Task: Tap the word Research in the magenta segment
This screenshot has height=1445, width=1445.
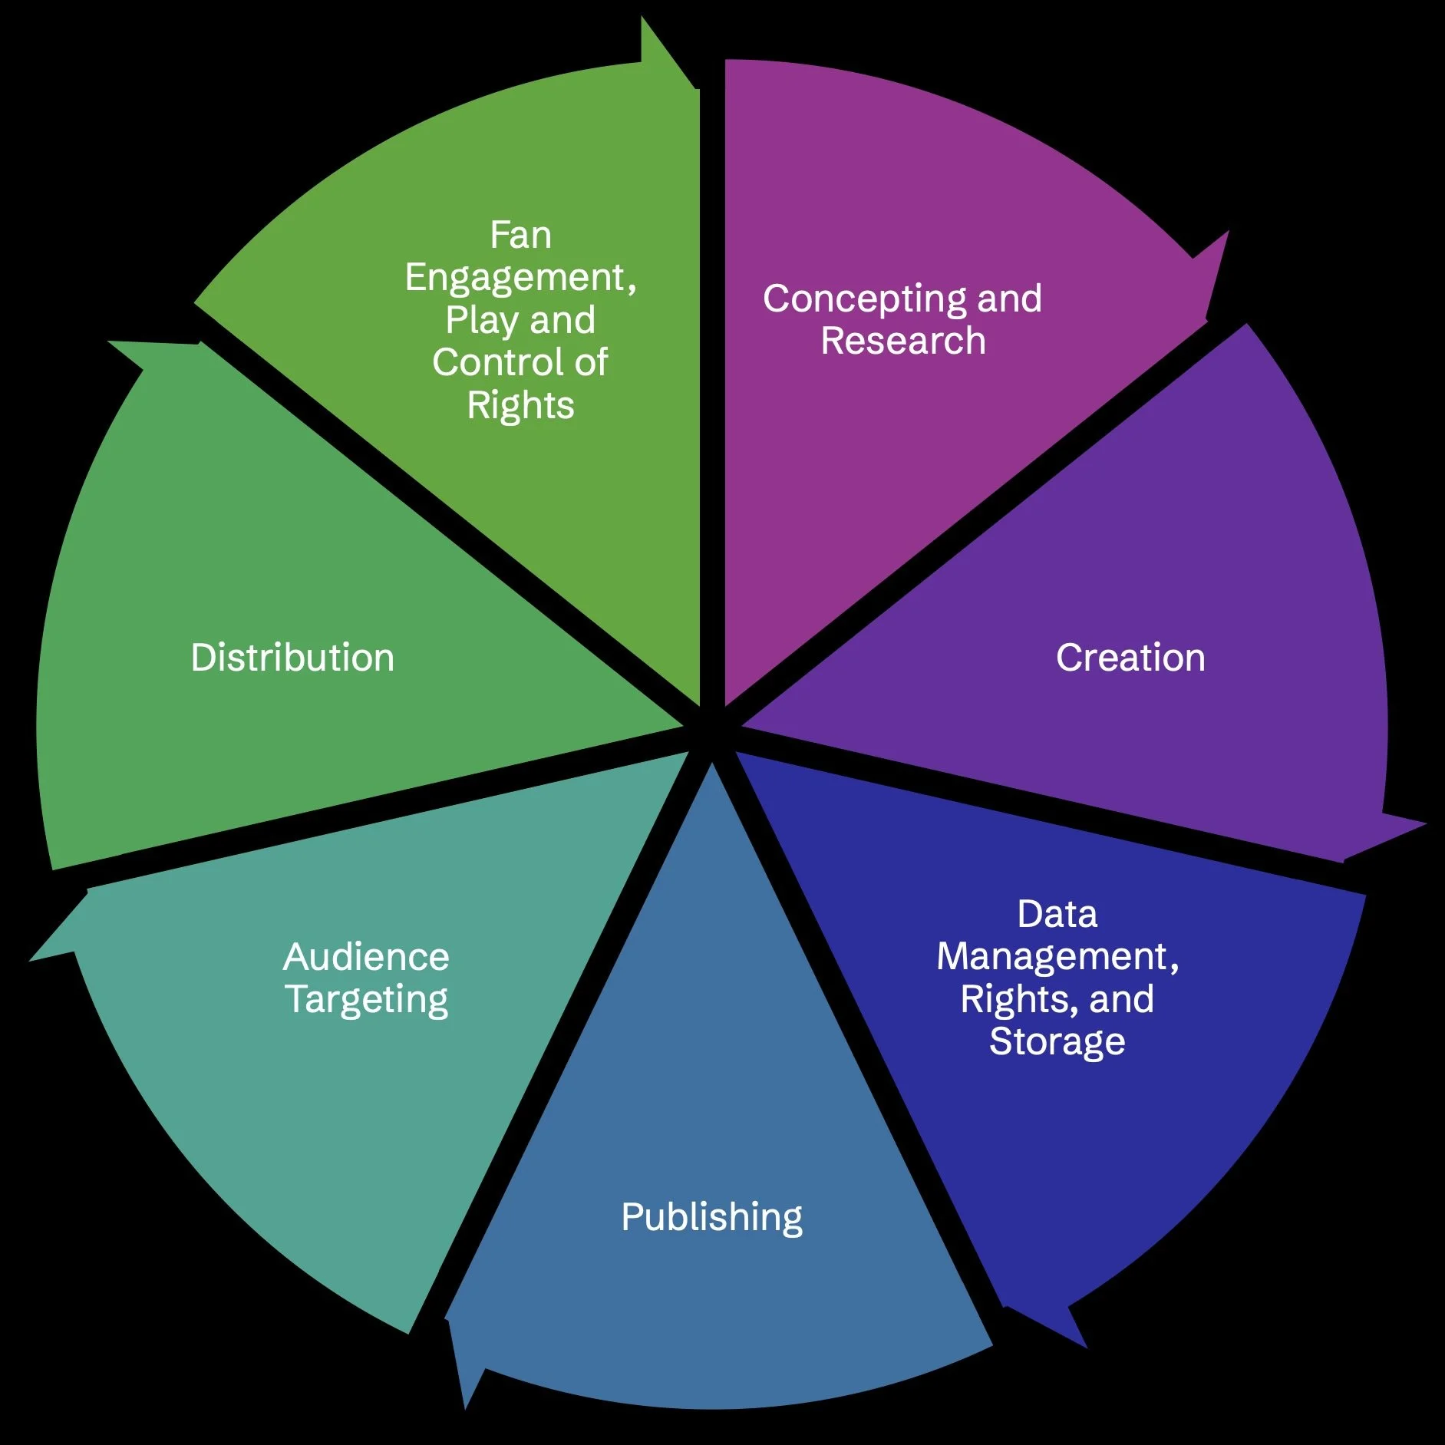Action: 903,341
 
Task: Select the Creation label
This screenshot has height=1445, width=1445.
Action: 1130,658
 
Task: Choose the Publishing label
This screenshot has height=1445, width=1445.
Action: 711,1218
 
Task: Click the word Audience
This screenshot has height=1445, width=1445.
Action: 366,958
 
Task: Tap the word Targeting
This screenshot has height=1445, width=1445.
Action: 366,1000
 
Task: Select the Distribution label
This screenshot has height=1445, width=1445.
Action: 292,658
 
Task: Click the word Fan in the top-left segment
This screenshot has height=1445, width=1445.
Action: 520,236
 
